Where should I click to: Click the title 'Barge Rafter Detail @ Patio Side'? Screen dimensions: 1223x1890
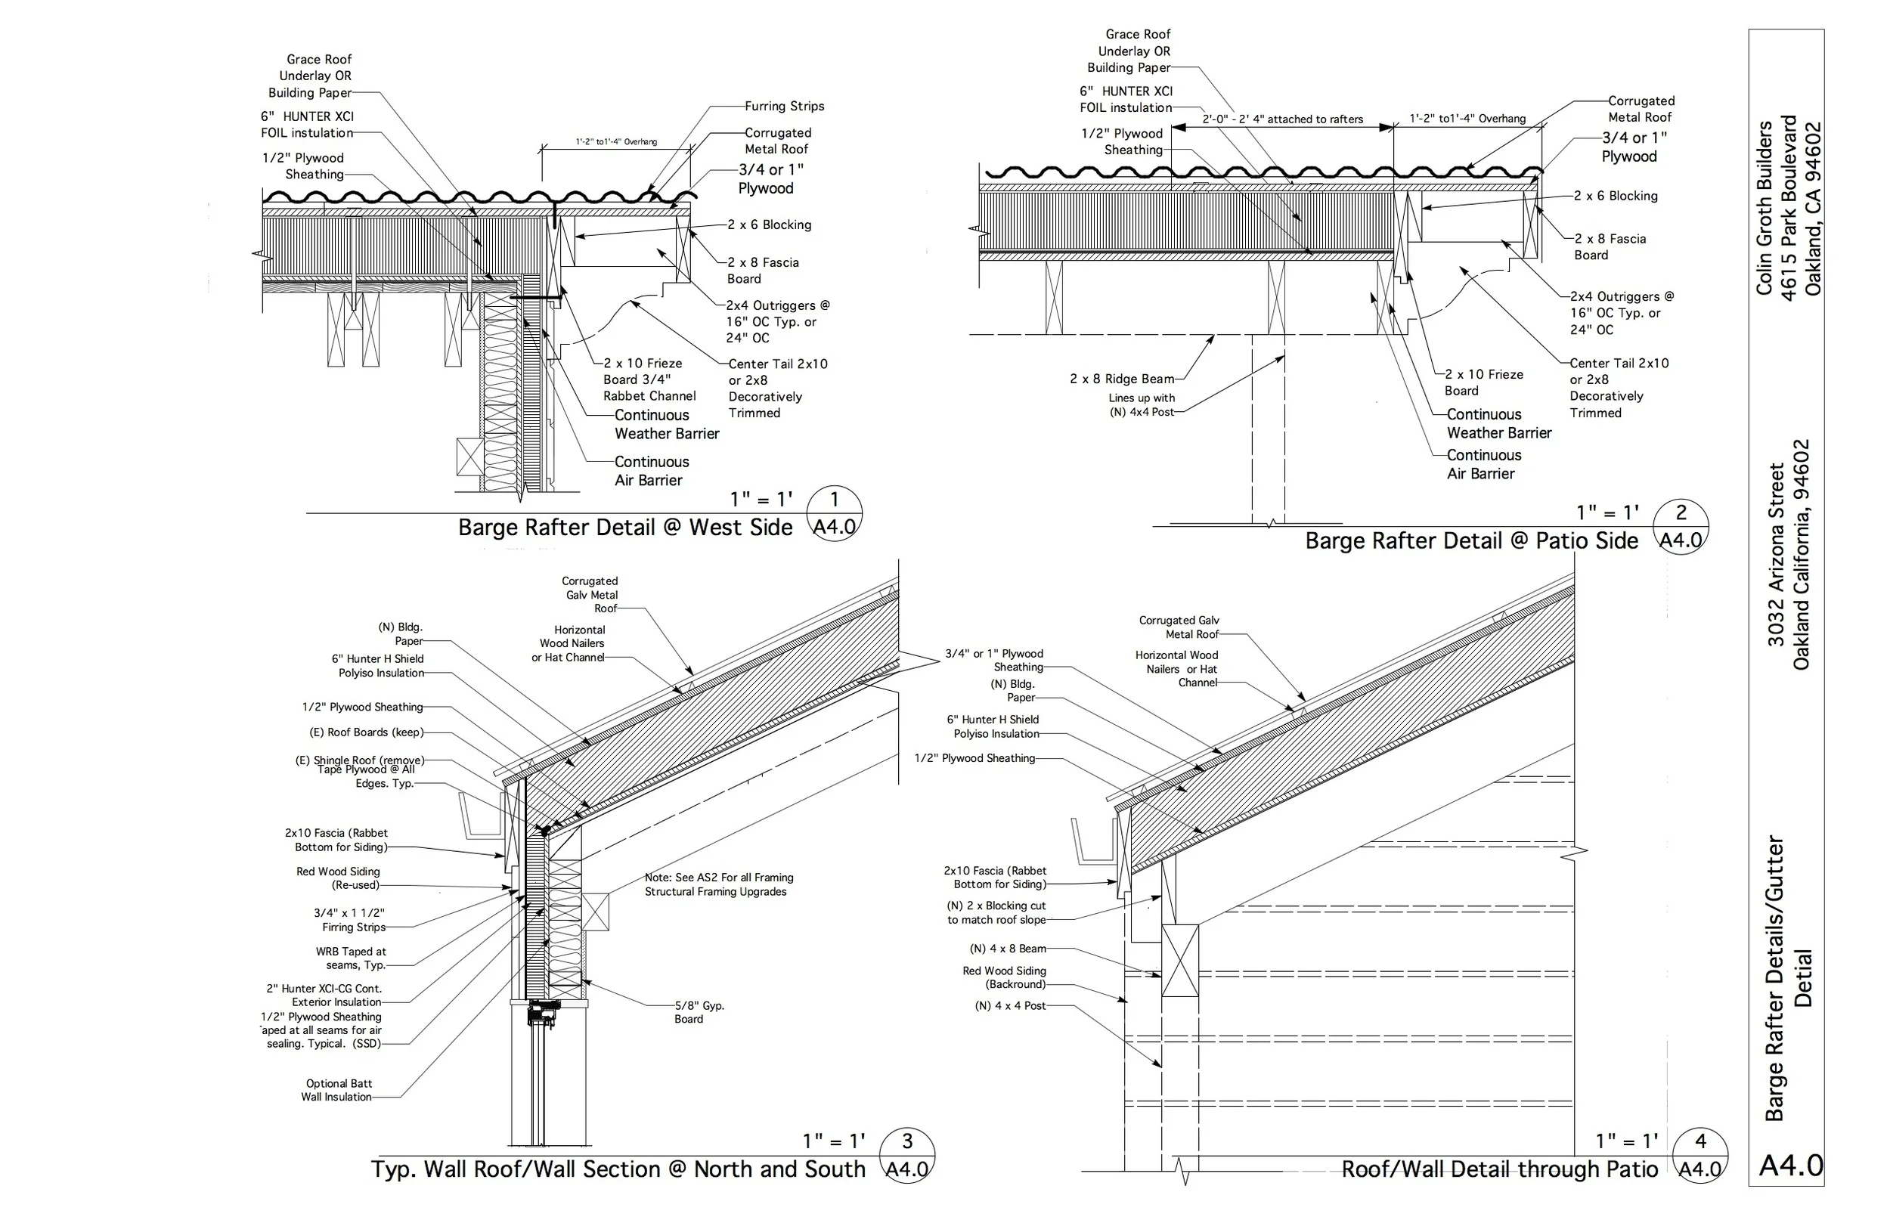(1470, 540)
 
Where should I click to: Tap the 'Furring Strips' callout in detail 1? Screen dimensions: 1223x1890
(784, 107)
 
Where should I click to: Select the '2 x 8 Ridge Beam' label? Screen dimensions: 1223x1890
(1121, 379)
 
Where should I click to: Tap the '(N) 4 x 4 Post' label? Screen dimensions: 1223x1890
(1009, 1005)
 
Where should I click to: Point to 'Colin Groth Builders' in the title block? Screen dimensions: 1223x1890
(1765, 208)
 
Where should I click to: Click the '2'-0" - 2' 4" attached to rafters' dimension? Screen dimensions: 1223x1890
(1281, 119)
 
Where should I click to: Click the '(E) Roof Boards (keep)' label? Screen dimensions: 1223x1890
(366, 732)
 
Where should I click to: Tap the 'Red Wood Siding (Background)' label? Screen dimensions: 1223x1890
(1004, 977)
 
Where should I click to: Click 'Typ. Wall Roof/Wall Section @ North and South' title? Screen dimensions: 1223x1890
(618, 1169)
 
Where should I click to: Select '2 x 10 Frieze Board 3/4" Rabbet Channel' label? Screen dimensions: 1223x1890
(649, 379)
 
